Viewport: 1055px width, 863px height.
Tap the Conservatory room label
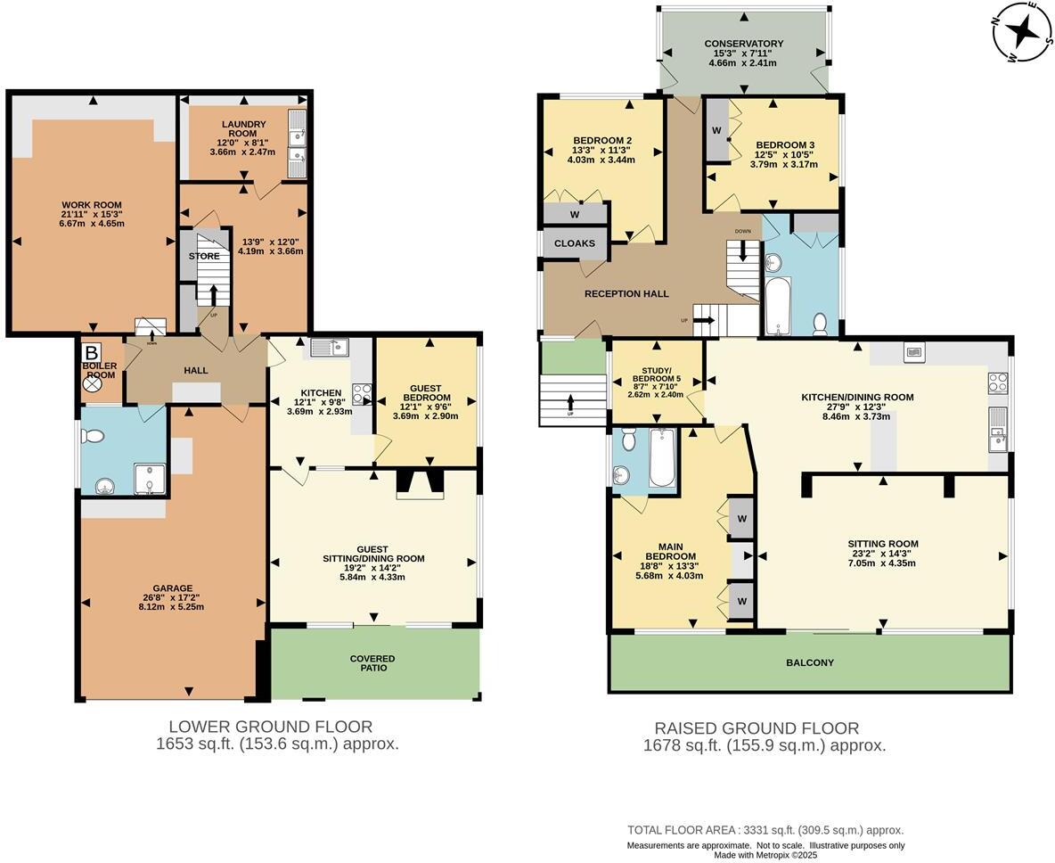coord(743,44)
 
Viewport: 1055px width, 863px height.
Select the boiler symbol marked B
coord(91,350)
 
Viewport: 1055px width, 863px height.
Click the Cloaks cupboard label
coord(575,243)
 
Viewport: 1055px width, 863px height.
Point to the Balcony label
coord(809,662)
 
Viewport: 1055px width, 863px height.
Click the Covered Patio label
coord(372,662)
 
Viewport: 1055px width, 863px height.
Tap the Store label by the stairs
coord(203,256)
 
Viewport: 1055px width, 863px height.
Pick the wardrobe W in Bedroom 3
coord(716,130)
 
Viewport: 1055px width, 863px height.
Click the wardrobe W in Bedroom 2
coord(575,214)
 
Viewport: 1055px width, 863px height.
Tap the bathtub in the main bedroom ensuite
coord(661,458)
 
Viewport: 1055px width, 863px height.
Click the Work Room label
coord(92,205)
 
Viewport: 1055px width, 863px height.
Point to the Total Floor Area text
coord(765,829)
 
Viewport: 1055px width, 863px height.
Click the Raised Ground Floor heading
coord(756,728)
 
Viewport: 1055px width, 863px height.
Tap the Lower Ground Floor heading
coord(270,727)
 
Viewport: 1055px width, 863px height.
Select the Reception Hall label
coord(626,293)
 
